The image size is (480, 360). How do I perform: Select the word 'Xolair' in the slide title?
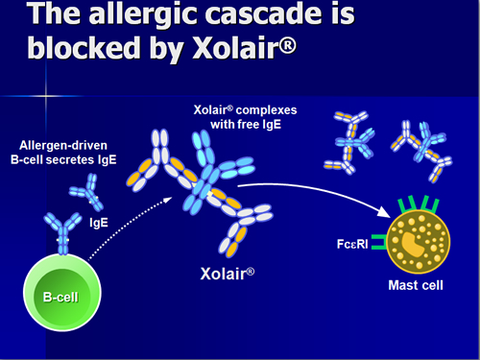pos(244,47)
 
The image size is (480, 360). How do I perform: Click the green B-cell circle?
pos(62,293)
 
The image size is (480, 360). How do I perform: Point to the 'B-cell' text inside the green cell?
pos(60,298)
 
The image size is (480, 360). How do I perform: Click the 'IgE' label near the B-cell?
pos(99,222)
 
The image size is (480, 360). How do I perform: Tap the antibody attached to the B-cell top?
pos(62,233)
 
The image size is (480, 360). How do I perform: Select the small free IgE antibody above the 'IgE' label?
pos(86,192)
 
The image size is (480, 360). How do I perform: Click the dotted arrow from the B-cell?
pos(128,224)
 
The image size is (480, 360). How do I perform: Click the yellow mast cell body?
pos(419,242)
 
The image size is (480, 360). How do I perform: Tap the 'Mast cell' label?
pos(416,285)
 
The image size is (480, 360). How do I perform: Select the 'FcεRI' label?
pos(352,244)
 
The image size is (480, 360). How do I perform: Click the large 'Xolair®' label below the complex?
pos(228,274)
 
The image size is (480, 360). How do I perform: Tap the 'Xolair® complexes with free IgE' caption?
pos(246,117)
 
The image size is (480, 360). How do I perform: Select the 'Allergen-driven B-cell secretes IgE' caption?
pos(63,153)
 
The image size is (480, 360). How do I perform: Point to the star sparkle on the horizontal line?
pos(46,96)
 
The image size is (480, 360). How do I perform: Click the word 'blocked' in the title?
pos(84,47)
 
